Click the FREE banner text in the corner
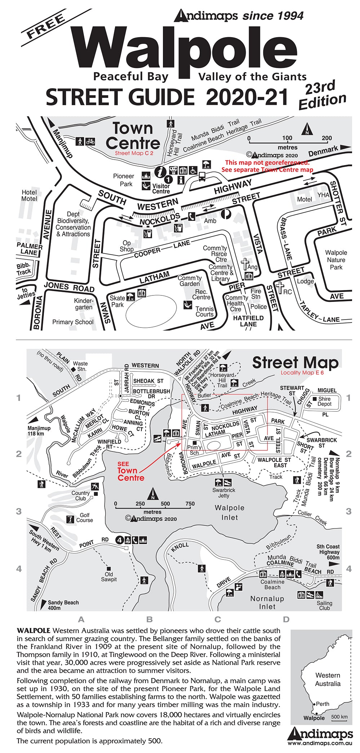pyautogui.click(x=46, y=26)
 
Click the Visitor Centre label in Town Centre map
pyautogui.click(x=161, y=188)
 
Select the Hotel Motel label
pyautogui.click(x=29, y=195)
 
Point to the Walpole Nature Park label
pyautogui.click(x=336, y=260)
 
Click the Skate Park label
pyautogui.click(x=117, y=301)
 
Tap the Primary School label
pyautogui.click(x=73, y=322)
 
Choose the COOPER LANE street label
pyautogui.click(x=162, y=249)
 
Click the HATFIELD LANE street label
pyautogui.click(x=248, y=321)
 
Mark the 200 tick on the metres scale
pyautogui.click(x=326, y=138)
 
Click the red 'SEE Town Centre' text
pyautogui.click(x=130, y=472)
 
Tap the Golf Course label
pyautogui.click(x=84, y=517)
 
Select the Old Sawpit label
pyautogui.click(x=108, y=577)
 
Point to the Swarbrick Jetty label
pyautogui.click(x=223, y=493)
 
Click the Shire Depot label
pyautogui.click(x=324, y=401)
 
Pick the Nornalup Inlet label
pyautogui.click(x=267, y=602)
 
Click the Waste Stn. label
pyautogui.click(x=80, y=366)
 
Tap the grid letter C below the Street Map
pyautogui.click(x=218, y=619)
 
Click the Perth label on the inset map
pyautogui.click(x=323, y=704)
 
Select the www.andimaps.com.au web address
pyautogui.click(x=320, y=743)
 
